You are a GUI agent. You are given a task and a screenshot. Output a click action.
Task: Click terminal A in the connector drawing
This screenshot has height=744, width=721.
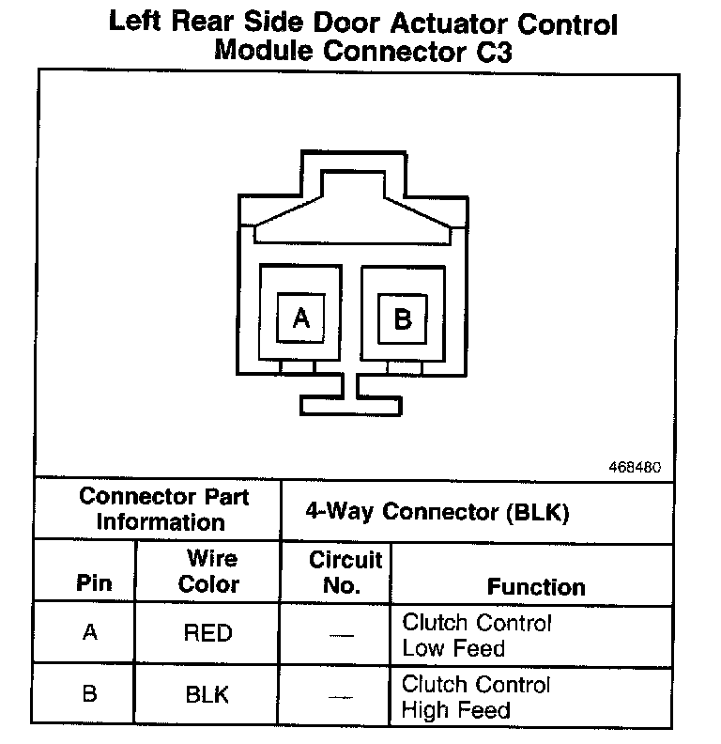click(x=300, y=318)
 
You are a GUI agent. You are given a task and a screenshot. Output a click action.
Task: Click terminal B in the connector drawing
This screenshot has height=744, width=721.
click(x=403, y=318)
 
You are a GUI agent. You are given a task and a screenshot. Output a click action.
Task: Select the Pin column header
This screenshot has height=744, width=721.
click(x=94, y=583)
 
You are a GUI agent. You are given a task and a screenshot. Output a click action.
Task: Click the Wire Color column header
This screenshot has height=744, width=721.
click(x=208, y=571)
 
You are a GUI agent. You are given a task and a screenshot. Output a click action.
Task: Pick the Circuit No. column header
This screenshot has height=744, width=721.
click(x=345, y=572)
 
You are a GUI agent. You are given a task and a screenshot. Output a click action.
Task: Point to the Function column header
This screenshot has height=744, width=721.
click(x=536, y=586)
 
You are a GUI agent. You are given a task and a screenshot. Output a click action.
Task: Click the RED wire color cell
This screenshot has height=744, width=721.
click(x=207, y=633)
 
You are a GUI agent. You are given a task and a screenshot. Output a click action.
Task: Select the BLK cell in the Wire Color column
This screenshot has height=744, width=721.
click(x=207, y=695)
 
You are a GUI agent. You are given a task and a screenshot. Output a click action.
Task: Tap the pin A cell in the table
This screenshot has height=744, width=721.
click(x=90, y=633)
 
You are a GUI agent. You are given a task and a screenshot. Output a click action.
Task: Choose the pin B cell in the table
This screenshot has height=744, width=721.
click(x=90, y=695)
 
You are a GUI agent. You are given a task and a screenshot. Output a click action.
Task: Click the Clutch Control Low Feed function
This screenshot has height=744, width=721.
click(x=477, y=635)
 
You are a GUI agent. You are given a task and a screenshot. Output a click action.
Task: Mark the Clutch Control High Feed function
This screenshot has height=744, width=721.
click(x=477, y=697)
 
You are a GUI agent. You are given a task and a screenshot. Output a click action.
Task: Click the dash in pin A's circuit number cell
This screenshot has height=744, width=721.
click(x=342, y=635)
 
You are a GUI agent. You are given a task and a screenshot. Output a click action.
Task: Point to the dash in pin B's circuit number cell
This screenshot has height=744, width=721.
click(x=342, y=697)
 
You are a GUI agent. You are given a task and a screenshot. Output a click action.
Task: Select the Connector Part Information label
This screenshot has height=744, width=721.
click(x=161, y=508)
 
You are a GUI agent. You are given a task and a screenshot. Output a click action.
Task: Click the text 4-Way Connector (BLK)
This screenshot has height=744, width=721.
click(x=437, y=513)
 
